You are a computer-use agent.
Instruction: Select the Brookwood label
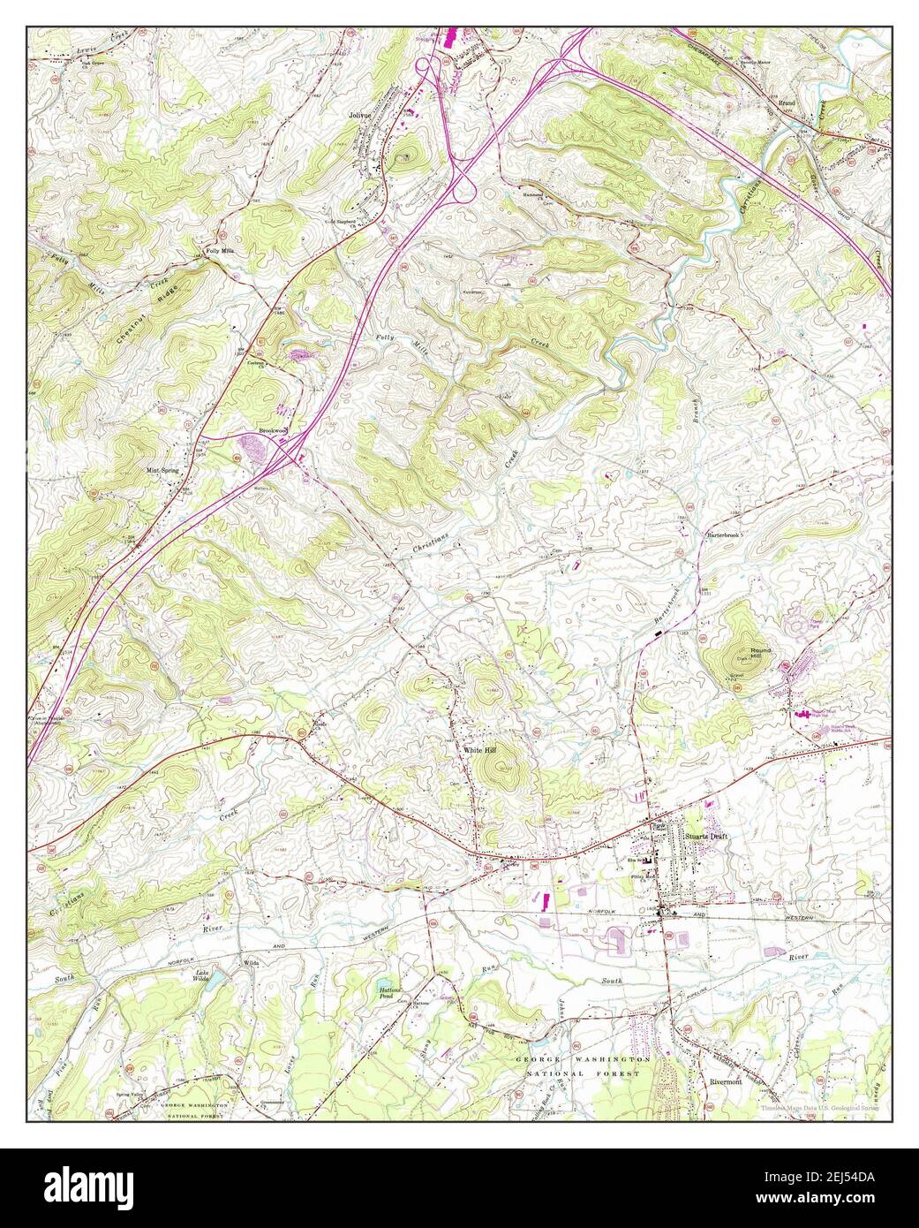pos(274,431)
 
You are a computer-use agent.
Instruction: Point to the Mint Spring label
pos(162,471)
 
